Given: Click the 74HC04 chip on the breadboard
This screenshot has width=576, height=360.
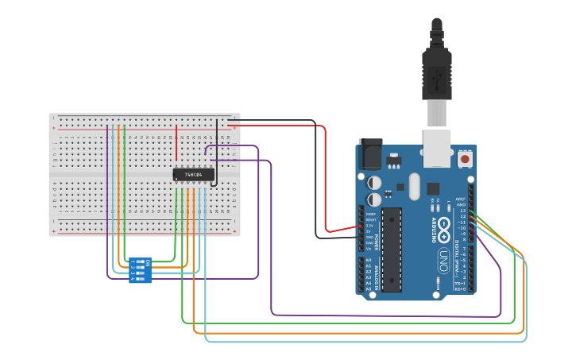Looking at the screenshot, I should point(193,174).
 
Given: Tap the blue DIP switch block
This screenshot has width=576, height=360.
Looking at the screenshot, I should point(141,269).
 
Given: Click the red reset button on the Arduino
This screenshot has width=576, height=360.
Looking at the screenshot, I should point(464,159).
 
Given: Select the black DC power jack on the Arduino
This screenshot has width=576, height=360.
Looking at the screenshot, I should point(370,153).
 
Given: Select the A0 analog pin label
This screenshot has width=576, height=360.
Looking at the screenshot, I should point(369,260).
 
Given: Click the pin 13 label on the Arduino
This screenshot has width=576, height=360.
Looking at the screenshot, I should point(462,211).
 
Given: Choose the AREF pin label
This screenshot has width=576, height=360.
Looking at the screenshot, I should point(461,199).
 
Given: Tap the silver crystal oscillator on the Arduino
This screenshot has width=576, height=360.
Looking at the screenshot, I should point(414,187).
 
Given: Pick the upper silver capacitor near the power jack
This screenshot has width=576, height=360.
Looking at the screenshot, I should point(373,183).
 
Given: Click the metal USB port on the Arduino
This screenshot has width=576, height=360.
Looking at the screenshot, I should point(437,147).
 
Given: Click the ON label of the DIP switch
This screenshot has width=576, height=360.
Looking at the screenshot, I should point(148,262).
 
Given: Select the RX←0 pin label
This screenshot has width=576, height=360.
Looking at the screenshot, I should point(460,288).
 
